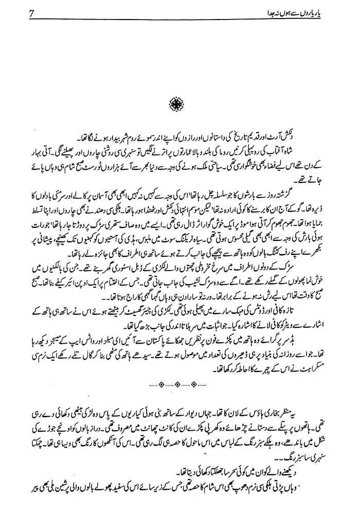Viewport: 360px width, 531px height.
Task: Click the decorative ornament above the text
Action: (x=179, y=105)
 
